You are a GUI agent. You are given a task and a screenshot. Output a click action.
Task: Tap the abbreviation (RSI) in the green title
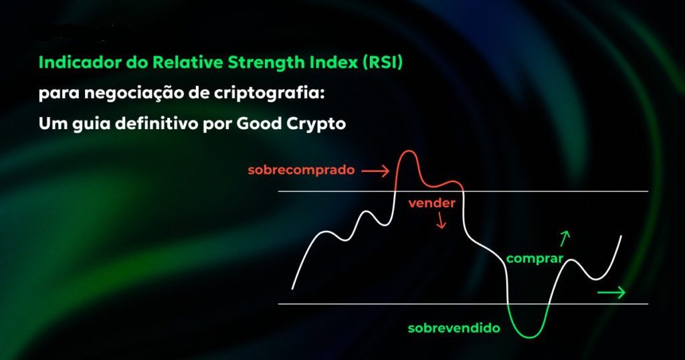(x=385, y=64)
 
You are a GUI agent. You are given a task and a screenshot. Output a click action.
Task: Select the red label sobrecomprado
(x=300, y=170)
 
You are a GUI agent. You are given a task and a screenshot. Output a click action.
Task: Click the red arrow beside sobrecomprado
(x=375, y=172)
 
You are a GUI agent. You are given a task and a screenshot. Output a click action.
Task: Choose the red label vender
(x=431, y=203)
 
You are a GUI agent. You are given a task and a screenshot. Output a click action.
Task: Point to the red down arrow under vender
(x=441, y=221)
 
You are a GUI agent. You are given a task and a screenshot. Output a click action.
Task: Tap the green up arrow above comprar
(x=565, y=238)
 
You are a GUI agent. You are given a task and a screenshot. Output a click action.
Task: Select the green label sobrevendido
(x=454, y=329)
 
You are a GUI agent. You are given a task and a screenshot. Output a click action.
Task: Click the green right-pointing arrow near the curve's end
(x=611, y=292)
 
